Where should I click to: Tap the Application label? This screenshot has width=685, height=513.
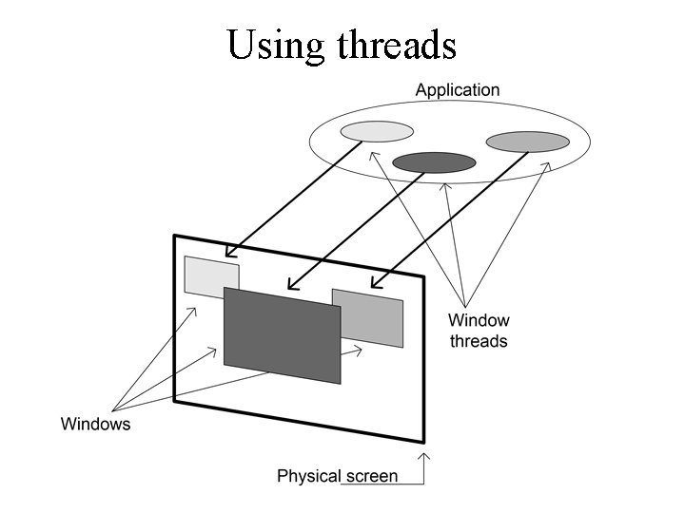point(457,90)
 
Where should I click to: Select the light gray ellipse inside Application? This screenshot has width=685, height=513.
point(377,131)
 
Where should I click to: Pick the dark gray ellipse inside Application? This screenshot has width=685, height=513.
point(434,161)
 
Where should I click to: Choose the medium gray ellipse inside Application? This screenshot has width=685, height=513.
point(527,142)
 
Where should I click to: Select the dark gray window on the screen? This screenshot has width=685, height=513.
point(282,334)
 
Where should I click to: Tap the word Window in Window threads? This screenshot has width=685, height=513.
point(479,321)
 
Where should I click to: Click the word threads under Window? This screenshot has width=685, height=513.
point(479,340)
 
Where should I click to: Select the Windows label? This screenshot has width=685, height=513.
point(95,424)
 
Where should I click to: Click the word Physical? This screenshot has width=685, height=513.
point(307,476)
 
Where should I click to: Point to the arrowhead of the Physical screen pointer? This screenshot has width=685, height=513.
point(424,458)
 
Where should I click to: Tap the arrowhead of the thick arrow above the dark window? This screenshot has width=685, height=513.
point(291,284)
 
